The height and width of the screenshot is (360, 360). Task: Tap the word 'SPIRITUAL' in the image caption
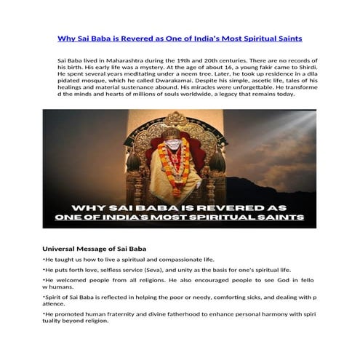(231, 217)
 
